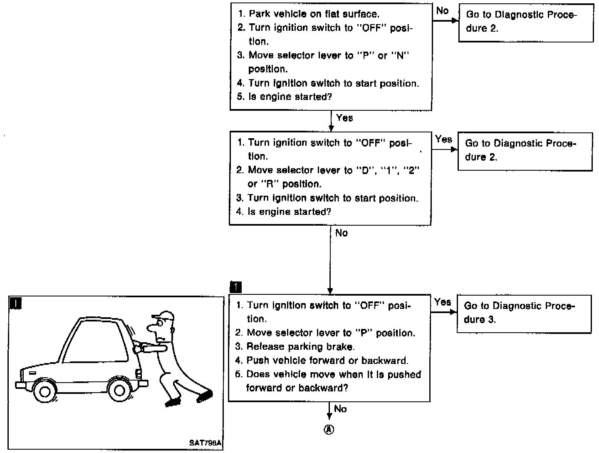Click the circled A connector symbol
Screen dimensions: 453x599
click(x=329, y=430)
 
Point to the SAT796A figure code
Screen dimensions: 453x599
click(x=205, y=444)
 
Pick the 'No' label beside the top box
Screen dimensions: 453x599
click(x=442, y=10)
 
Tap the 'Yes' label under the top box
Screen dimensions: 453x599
click(x=344, y=118)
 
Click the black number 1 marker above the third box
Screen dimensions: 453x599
click(x=235, y=287)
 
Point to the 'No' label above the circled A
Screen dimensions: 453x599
click(x=340, y=409)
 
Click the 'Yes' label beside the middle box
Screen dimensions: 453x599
click(x=443, y=139)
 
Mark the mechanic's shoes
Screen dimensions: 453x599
click(x=189, y=398)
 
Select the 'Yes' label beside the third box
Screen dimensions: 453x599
click(x=442, y=302)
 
